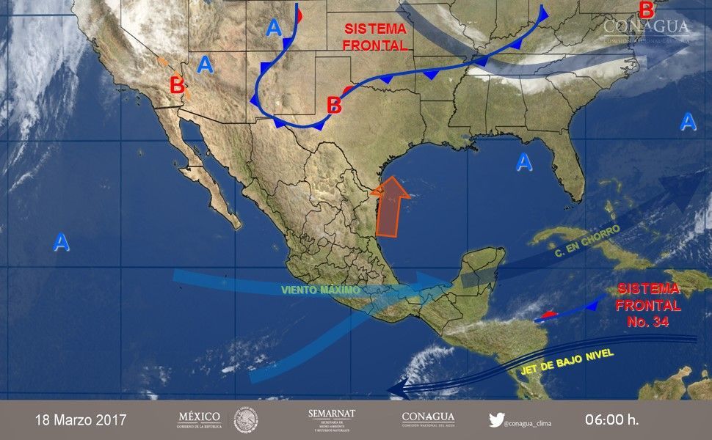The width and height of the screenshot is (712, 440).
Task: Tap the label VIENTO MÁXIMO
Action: click(320, 290)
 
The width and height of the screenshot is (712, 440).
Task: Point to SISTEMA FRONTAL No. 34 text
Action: click(647, 304)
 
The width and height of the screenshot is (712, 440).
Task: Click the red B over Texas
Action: click(334, 105)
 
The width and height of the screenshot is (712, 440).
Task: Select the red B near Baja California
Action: click(177, 85)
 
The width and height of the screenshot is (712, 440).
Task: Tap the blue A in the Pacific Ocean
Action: click(61, 242)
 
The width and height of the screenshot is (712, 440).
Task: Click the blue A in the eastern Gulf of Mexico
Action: click(523, 162)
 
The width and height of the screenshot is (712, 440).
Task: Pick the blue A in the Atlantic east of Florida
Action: click(688, 122)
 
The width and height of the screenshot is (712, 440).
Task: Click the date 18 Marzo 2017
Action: click(81, 420)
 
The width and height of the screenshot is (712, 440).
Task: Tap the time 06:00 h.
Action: click(611, 420)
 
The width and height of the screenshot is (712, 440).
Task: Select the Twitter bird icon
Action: click(496, 420)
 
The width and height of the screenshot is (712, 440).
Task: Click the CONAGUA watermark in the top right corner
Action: click(646, 28)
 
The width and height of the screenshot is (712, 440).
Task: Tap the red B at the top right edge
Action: click(646, 10)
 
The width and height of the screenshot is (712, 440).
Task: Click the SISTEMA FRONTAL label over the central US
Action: click(375, 37)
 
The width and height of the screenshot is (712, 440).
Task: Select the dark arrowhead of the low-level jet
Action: click(398, 388)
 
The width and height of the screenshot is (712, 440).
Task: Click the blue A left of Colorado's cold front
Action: click(274, 28)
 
